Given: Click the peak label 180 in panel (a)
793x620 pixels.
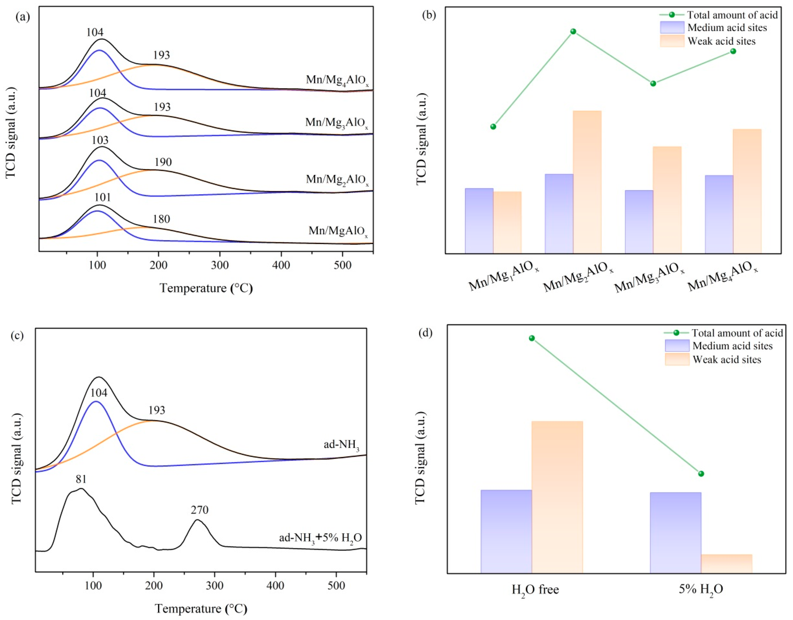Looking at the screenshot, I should pyautogui.click(x=161, y=219).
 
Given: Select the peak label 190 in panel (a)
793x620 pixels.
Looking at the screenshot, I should pyautogui.click(x=163, y=162).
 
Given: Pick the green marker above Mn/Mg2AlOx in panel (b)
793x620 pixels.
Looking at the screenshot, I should pyautogui.click(x=573, y=32).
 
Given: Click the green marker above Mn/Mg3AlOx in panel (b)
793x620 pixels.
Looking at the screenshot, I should pyautogui.click(x=653, y=83).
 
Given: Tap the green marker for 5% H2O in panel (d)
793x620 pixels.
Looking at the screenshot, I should pyautogui.click(x=701, y=474).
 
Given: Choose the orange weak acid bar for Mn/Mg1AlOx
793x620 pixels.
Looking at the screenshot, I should pyautogui.click(x=508, y=222).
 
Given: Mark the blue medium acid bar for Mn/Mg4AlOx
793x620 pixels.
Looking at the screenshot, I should pyautogui.click(x=719, y=214).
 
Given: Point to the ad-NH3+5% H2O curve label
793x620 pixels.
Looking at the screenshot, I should pyautogui.click(x=320, y=537).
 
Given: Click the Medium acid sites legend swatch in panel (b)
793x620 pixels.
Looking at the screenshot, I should pyautogui.click(x=672, y=28).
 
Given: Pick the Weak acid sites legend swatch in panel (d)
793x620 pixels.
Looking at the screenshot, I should pyautogui.click(x=677, y=359).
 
